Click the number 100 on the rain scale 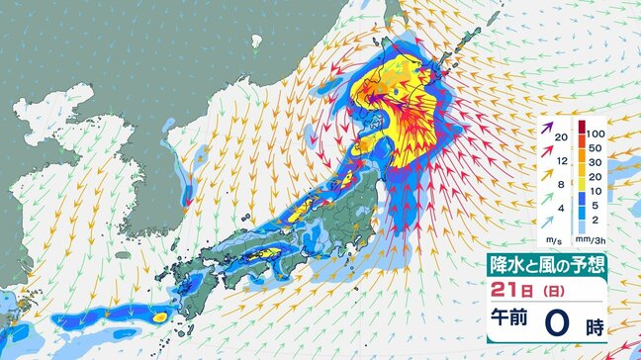coord(594,133)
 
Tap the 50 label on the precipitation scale coord(594,150)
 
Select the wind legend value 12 coord(560,159)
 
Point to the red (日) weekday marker coord(543,294)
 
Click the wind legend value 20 coord(560,136)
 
